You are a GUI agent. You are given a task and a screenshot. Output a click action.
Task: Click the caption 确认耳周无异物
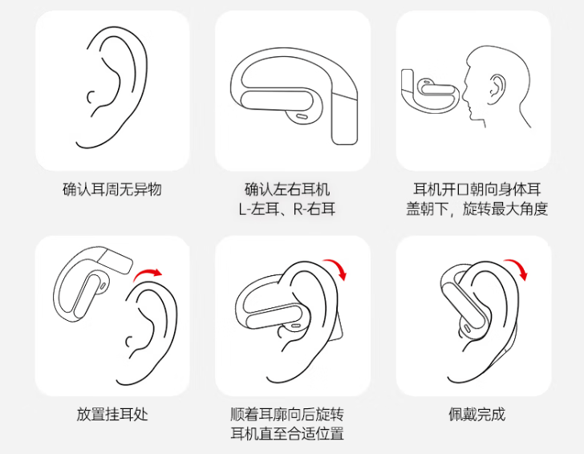[112, 189]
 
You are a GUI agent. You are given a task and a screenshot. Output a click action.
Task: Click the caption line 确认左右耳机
[287, 189]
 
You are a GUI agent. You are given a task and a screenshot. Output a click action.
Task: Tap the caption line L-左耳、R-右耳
[287, 209]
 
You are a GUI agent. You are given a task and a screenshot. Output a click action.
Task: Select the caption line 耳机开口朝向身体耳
[477, 189]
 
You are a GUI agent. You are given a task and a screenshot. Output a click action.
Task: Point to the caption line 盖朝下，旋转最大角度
[477, 209]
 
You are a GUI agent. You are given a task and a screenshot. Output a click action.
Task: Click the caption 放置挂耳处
[112, 414]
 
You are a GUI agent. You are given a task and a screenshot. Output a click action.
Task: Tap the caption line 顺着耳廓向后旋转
[287, 414]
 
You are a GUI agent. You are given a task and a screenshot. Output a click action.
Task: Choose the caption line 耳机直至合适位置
[287, 433]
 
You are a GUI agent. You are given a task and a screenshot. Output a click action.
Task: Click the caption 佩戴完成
[477, 414]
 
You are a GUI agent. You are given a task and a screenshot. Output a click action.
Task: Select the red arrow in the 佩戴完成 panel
[518, 266]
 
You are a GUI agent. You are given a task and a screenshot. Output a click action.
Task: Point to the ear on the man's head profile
[497, 89]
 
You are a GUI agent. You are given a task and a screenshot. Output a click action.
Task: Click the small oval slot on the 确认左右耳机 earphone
[302, 116]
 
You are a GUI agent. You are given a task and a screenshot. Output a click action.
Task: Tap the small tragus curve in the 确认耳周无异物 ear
[90, 97]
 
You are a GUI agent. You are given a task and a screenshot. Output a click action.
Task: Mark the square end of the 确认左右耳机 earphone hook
[345, 139]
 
